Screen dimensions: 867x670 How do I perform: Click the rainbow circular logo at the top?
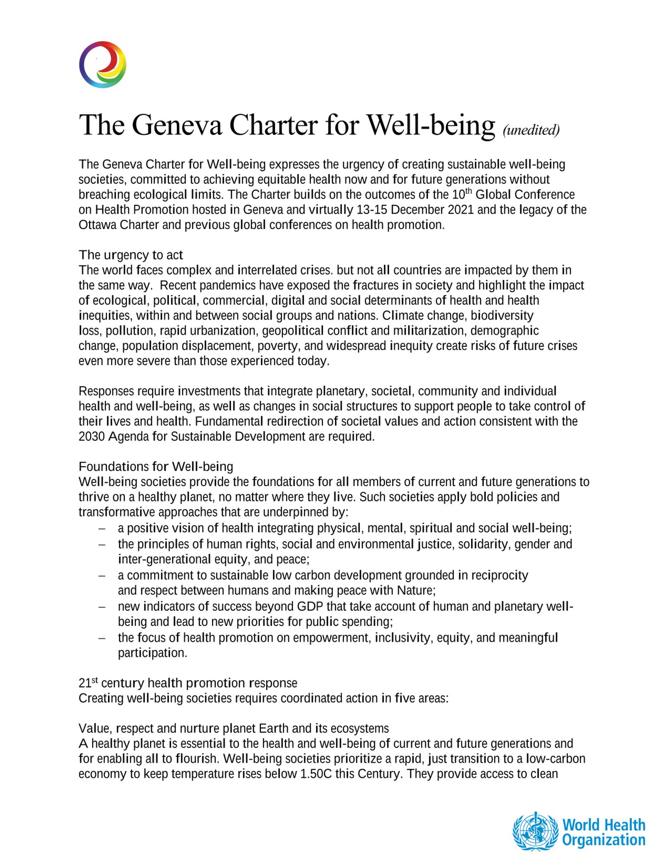pyautogui.click(x=103, y=65)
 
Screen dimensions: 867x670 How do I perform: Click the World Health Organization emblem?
pyautogui.click(x=535, y=831)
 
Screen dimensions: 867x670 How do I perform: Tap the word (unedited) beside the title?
pyautogui.click(x=531, y=130)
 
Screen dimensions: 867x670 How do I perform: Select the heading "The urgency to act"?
pyautogui.click(x=130, y=254)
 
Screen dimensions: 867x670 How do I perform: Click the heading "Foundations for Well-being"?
pyautogui.click(x=156, y=466)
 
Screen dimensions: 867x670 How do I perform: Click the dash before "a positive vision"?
pyautogui.click(x=102, y=528)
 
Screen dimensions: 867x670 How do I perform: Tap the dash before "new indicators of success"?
pyautogui.click(x=102, y=606)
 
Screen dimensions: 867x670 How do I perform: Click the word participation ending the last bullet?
pyautogui.click(x=152, y=653)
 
